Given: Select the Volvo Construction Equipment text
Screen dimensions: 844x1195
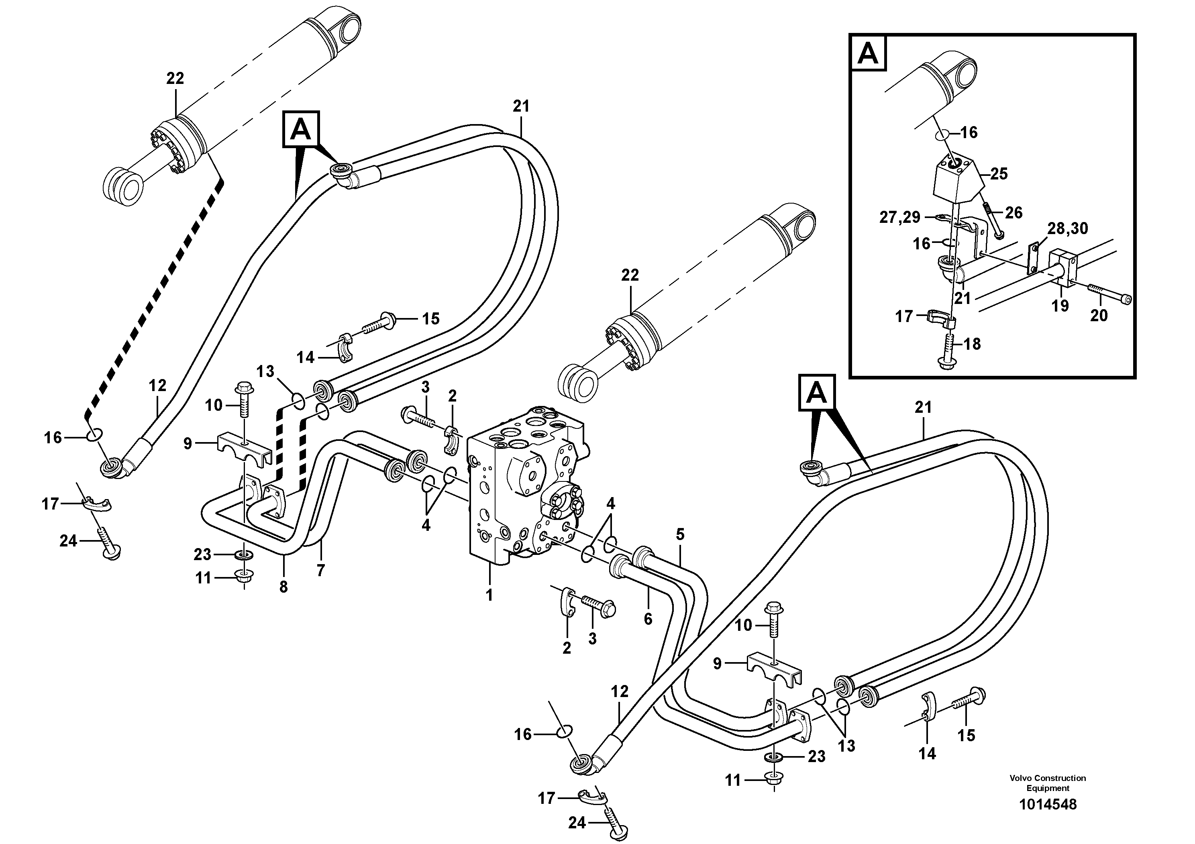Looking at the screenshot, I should [1047, 783].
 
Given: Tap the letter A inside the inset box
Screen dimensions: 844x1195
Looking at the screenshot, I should [868, 53].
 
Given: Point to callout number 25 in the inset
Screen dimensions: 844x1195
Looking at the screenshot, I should [998, 174].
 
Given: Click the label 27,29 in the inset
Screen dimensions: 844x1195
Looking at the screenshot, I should [900, 217].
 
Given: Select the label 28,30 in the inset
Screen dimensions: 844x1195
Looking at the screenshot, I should [1067, 228].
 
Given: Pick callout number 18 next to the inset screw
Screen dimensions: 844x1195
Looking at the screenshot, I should [972, 344].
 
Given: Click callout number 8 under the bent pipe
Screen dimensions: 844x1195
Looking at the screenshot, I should [283, 587].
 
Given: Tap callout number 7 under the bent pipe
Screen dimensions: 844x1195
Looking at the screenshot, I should [320, 570].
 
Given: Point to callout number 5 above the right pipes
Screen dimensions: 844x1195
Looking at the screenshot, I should [680, 534].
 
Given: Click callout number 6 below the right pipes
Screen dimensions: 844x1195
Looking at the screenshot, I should [648, 619].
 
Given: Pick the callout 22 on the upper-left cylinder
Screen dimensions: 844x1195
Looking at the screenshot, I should [175, 79].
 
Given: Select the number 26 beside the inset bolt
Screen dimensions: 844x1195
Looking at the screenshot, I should [1014, 212].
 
